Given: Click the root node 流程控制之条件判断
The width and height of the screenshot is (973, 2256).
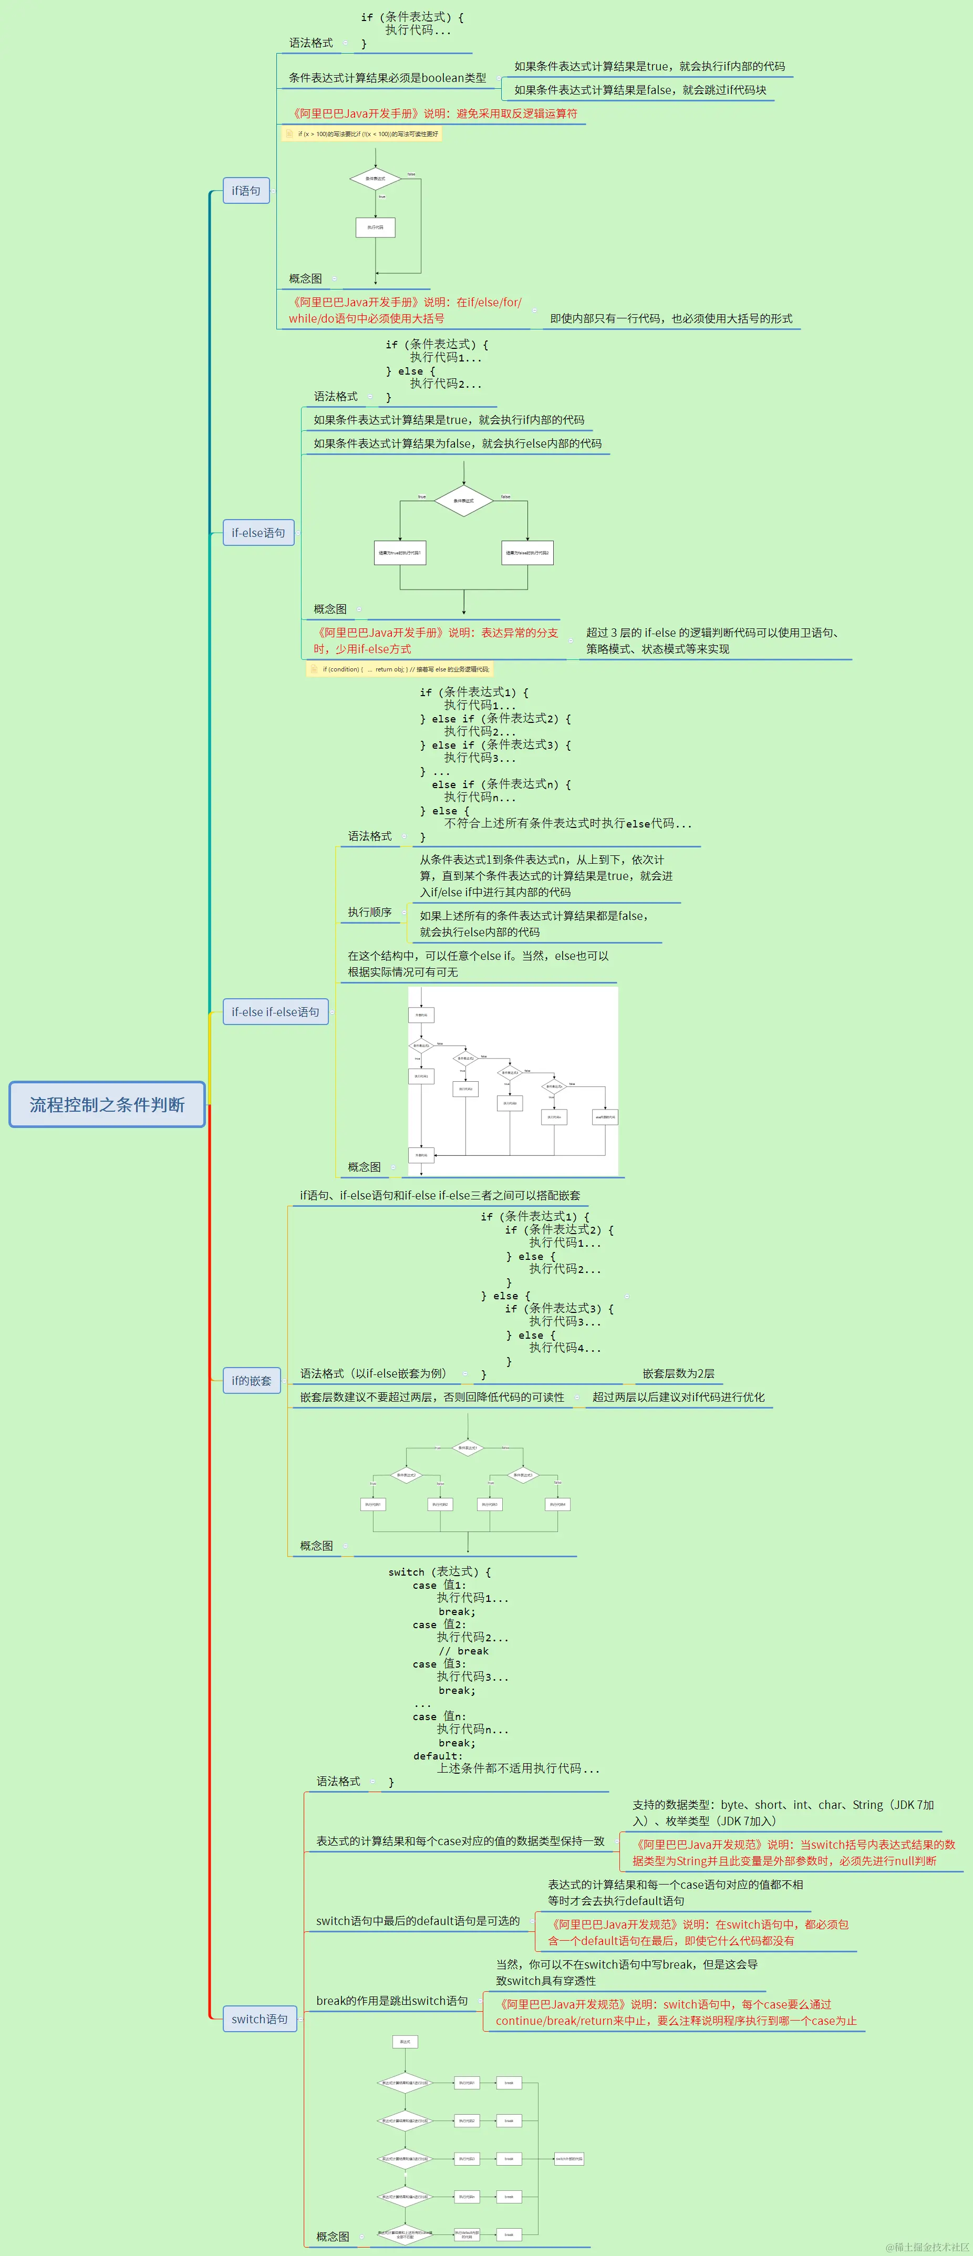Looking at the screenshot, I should (107, 1104).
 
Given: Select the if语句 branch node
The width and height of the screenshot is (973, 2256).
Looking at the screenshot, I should (245, 190).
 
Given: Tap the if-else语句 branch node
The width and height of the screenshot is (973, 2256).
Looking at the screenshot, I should (258, 532).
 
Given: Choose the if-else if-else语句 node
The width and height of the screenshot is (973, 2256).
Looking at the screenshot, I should (275, 1011).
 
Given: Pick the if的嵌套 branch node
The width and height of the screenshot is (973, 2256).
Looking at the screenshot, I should (251, 1380).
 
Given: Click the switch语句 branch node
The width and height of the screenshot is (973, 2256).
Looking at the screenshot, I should (259, 2019).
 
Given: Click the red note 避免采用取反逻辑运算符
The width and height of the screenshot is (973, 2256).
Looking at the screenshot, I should (435, 113).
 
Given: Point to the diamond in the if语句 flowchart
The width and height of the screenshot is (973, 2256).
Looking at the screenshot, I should (375, 179).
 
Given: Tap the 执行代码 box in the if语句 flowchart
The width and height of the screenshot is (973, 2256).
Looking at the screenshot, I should (375, 227).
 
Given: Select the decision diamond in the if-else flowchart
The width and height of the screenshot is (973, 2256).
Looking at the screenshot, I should (463, 500).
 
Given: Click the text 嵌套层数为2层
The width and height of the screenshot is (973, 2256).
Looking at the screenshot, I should (678, 1373).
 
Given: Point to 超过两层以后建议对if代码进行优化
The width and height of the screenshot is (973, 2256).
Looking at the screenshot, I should (678, 1397).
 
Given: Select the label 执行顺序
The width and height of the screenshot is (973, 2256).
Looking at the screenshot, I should (369, 912).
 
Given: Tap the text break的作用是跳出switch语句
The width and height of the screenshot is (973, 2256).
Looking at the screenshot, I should (391, 2000).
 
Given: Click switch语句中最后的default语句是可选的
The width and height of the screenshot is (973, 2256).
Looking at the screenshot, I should (418, 1921).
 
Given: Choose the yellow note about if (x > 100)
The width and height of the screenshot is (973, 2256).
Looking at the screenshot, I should (361, 134).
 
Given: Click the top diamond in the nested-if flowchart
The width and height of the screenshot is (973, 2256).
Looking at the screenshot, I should (468, 1447).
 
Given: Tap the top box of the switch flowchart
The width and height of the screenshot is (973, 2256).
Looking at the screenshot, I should (405, 2042).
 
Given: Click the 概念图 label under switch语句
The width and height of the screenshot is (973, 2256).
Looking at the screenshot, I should (332, 2236).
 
